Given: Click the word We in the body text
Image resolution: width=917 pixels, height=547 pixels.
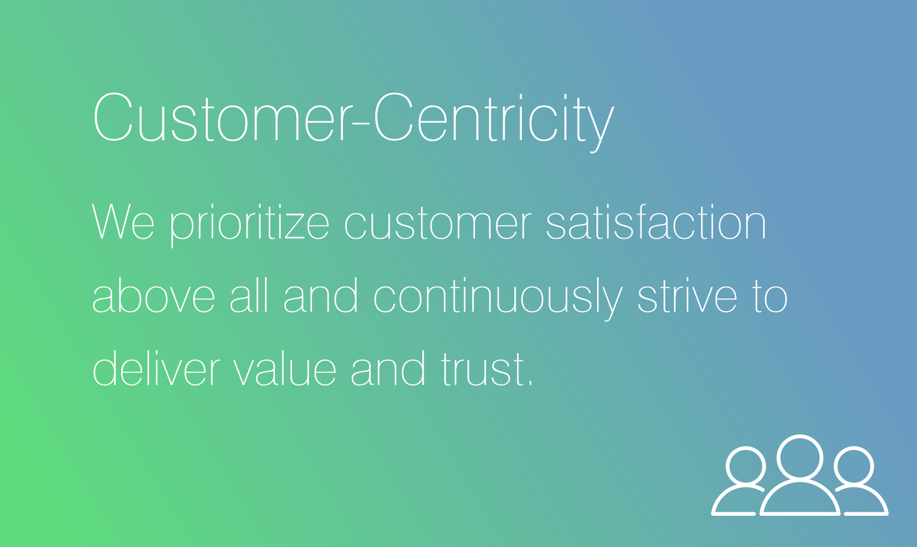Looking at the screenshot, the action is click(x=123, y=221).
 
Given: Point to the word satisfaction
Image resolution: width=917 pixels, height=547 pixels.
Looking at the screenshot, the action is click(x=656, y=221).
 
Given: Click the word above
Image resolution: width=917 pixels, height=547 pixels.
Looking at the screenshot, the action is click(x=154, y=295).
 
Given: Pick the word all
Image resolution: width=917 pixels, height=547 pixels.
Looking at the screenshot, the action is click(x=249, y=295).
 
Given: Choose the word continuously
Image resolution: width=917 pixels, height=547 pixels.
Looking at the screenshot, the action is click(x=498, y=298).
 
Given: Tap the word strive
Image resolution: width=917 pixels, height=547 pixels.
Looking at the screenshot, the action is click(x=687, y=295).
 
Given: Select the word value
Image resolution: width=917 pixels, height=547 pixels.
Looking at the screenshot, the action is click(x=285, y=368).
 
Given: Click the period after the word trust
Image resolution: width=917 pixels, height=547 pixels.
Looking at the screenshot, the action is click(x=531, y=384).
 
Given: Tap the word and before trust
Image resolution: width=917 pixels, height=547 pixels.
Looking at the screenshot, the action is click(x=388, y=368).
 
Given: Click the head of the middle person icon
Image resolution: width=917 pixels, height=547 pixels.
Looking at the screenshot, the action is click(x=800, y=457).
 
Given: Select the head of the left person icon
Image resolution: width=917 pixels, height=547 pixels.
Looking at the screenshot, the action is click(x=746, y=467).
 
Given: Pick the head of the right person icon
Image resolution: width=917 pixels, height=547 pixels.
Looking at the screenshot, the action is click(x=854, y=467).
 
